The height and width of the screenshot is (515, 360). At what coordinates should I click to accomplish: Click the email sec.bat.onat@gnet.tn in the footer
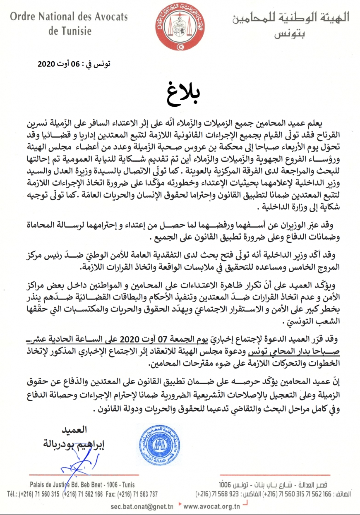click(141, 506)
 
